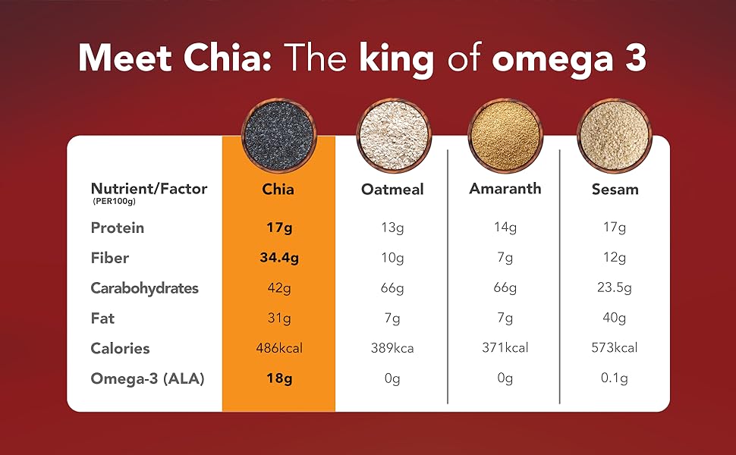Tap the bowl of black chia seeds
[278, 133]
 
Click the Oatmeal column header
[392, 190]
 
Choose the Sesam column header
[615, 190]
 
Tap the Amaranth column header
[505, 188]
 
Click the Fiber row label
[110, 258]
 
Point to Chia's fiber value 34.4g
[278, 258]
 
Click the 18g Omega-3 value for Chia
[278, 378]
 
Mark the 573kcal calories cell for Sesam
[615, 348]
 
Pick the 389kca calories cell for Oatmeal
[392, 348]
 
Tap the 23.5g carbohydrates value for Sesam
[615, 288]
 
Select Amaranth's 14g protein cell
[505, 227]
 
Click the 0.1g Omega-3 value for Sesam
[615, 378]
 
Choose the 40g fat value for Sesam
[615, 318]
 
